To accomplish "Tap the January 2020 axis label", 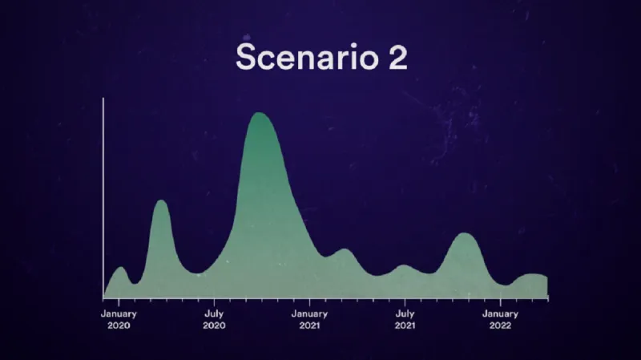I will (119, 320).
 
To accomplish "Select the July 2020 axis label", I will (214, 320).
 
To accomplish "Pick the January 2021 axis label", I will (309, 320).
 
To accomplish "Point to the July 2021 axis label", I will (405, 320).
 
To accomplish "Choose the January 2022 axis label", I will (501, 320).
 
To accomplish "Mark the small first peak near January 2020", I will (121, 268).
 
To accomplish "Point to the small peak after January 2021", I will (345, 250).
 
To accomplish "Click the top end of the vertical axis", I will (103, 99).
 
